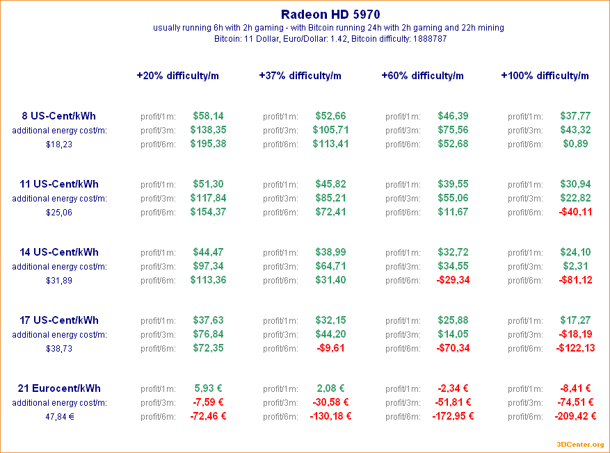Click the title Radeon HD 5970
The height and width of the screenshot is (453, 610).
(x=330, y=14)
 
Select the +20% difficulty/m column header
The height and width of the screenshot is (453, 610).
(x=177, y=76)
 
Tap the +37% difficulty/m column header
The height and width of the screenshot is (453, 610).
(x=300, y=76)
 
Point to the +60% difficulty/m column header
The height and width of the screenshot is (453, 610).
(x=422, y=76)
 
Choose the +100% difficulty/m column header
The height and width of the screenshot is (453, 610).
(x=545, y=76)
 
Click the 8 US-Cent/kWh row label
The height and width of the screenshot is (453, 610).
(x=59, y=116)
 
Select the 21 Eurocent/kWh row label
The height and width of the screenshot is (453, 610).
(x=59, y=388)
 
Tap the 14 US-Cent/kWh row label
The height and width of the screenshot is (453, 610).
(x=59, y=252)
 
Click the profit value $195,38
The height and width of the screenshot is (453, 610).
(x=208, y=144)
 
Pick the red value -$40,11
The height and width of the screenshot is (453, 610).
(x=575, y=212)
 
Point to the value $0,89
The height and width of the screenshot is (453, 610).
(x=575, y=144)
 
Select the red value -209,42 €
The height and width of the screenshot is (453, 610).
(x=575, y=416)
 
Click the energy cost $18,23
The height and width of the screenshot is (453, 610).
(x=59, y=145)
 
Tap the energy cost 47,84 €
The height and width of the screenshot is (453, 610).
(x=59, y=417)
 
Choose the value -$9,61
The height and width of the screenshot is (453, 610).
(x=330, y=348)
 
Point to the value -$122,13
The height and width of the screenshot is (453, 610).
(x=575, y=348)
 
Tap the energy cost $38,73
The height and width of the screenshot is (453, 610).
(x=59, y=349)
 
